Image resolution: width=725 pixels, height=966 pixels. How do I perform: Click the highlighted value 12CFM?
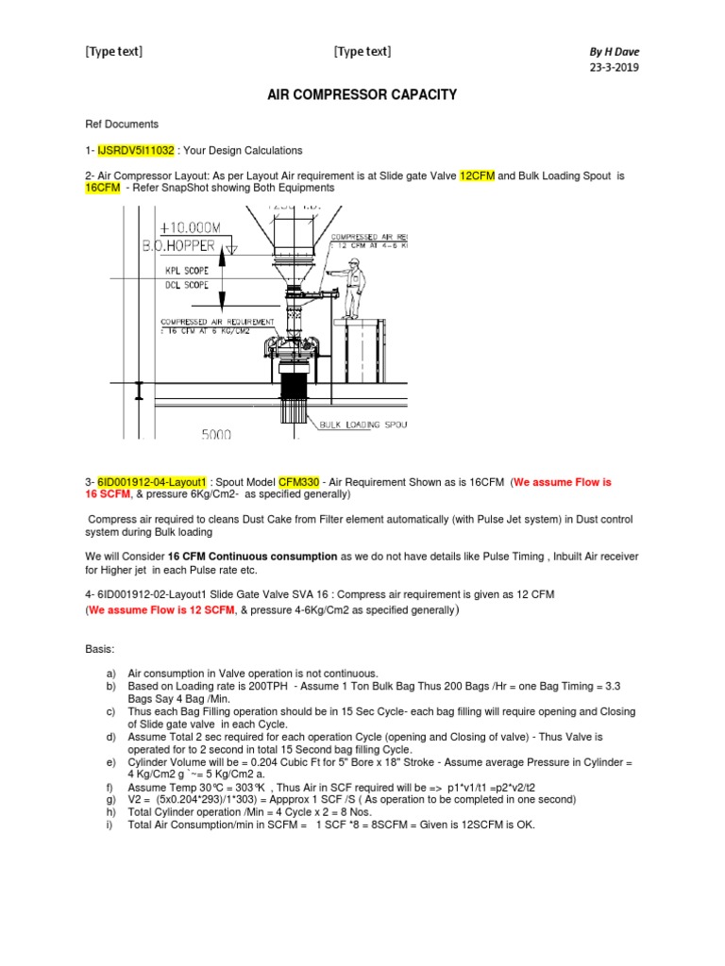[478, 175]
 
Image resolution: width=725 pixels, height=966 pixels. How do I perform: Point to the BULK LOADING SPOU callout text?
[362, 425]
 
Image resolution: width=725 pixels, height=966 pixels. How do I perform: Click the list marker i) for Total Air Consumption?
[110, 825]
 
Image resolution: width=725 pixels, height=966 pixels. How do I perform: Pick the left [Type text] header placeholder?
[114, 52]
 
